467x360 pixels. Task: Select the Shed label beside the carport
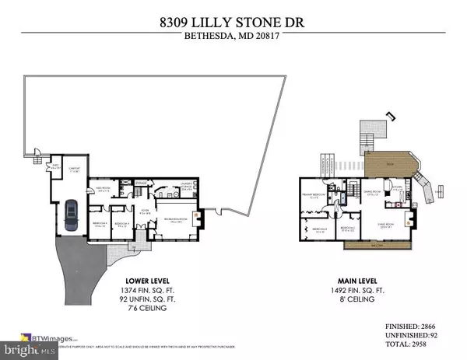(x=55, y=165)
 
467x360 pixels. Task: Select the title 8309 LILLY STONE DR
(x=233, y=13)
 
